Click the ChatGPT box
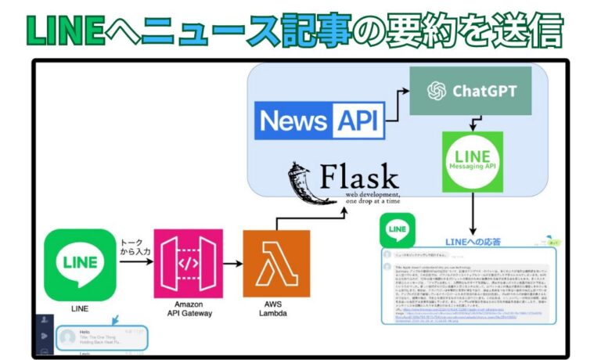click(470, 91)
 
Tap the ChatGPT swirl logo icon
click(436, 92)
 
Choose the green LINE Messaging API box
click(472, 161)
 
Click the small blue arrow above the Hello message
click(117, 320)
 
